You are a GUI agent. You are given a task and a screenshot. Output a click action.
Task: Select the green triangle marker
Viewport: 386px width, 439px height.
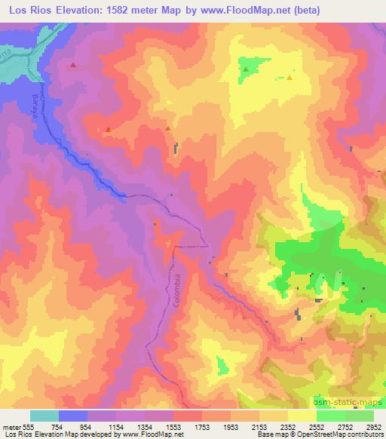246,70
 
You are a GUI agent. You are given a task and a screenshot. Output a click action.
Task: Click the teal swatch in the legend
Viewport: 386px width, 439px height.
44,416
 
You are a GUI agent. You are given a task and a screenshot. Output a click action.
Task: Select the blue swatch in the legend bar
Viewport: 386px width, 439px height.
73,416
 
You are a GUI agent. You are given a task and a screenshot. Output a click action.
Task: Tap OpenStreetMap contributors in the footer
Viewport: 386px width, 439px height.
345,434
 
